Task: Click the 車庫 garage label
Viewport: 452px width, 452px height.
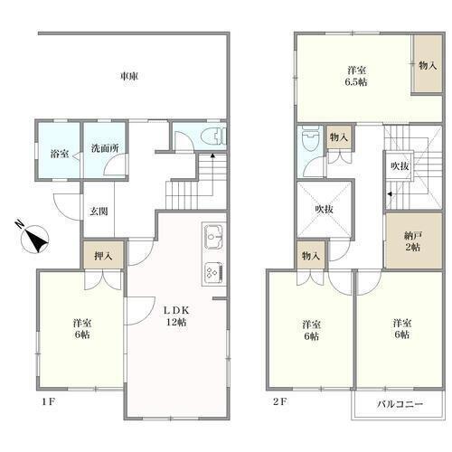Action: (129, 76)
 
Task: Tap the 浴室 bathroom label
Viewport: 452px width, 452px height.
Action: (60, 154)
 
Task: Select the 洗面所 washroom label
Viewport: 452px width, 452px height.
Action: (105, 148)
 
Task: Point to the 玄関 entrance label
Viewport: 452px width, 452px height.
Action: (99, 212)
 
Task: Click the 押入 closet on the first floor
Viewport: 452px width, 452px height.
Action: (103, 256)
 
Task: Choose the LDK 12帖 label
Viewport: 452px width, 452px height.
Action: (176, 316)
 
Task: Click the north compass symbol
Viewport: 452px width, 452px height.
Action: (33, 237)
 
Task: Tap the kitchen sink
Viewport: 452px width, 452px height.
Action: (214, 237)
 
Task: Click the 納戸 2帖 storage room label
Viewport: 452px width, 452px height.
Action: (412, 241)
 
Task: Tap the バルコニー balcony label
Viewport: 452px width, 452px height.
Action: (400, 404)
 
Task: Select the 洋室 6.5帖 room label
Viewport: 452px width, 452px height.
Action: (356, 76)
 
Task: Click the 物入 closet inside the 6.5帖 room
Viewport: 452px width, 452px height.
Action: (427, 64)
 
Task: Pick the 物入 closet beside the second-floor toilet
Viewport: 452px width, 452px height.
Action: (339, 137)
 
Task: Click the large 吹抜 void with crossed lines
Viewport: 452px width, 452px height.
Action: (325, 209)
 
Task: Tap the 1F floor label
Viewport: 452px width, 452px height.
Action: (48, 401)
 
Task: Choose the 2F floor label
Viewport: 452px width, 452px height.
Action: (279, 401)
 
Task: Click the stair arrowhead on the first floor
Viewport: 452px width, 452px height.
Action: (212, 155)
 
